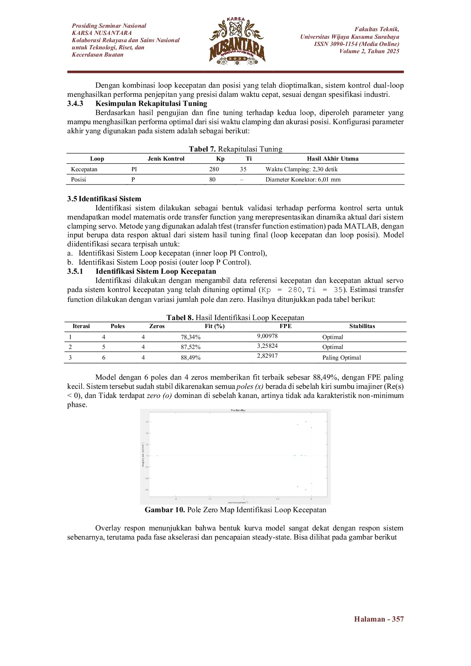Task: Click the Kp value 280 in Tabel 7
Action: click(x=214, y=169)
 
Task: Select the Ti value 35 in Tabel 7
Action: click(x=243, y=169)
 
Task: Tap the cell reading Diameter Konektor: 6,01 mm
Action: click(x=303, y=180)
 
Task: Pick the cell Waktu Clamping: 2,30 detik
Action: click(x=301, y=169)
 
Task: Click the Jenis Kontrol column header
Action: click(x=166, y=159)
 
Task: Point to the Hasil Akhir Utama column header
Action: click(x=332, y=159)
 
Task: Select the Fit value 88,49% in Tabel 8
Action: click(x=191, y=358)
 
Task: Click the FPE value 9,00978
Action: click(x=267, y=336)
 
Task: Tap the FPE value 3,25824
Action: click(x=267, y=346)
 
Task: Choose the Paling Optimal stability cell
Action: click(x=341, y=358)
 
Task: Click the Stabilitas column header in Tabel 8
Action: click(x=362, y=326)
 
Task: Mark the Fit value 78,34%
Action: click(x=191, y=337)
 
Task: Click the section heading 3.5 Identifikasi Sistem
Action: click(x=104, y=199)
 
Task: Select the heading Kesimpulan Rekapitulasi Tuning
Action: click(x=151, y=104)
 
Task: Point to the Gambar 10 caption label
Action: click(x=164, y=510)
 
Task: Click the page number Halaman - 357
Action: click(x=379, y=619)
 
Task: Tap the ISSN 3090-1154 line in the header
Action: click(x=356, y=44)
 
